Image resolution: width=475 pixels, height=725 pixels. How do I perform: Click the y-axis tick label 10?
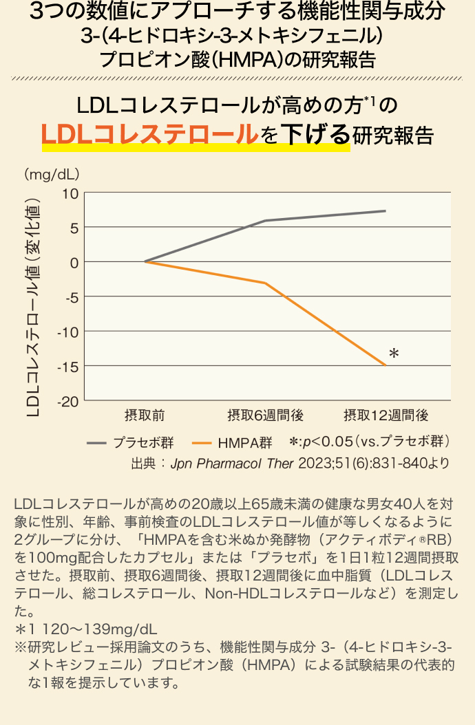[x=70, y=193]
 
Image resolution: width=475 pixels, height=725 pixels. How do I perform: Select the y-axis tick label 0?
[x=74, y=262]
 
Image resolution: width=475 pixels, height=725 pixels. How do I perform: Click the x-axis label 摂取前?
[x=145, y=415]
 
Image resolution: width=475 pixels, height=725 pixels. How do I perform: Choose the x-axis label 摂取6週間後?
[x=265, y=415]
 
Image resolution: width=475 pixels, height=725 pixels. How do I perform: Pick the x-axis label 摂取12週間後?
[x=386, y=415]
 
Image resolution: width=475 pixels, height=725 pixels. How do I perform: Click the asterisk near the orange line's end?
[x=394, y=354]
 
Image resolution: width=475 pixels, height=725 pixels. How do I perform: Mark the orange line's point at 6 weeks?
[x=265, y=283]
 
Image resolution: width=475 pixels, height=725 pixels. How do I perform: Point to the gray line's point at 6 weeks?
[x=265, y=221]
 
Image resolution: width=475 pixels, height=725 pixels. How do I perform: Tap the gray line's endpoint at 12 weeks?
[x=385, y=210]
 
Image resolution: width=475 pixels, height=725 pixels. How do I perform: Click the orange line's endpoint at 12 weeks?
[x=385, y=365]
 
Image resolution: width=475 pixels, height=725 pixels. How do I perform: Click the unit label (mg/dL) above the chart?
[x=52, y=174]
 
